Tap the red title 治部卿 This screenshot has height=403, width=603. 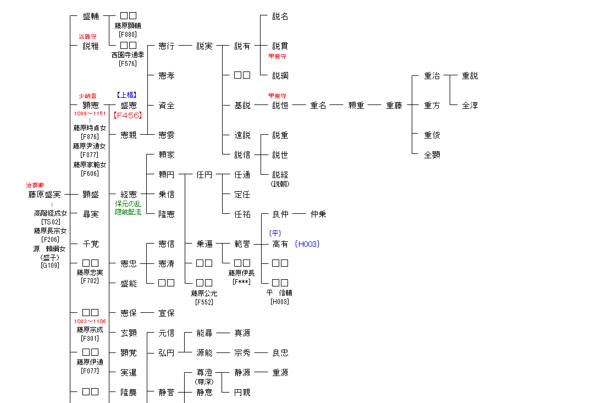pyautogui.click(x=35, y=185)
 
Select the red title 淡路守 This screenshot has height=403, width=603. pyautogui.click(x=87, y=37)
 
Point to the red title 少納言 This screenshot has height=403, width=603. pyautogui.click(x=87, y=96)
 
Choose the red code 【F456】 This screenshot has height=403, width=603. pyautogui.click(x=128, y=115)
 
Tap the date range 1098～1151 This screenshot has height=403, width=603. pyautogui.click(x=90, y=114)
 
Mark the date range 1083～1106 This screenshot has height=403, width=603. pyautogui.click(x=90, y=322)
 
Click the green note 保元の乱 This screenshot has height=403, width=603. pyautogui.click(x=128, y=204)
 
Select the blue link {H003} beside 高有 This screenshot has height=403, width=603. pyautogui.click(x=307, y=244)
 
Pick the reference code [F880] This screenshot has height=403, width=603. pyautogui.click(x=128, y=35)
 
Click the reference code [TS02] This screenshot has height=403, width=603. pyautogui.click(x=51, y=222)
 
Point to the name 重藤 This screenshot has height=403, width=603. pyautogui.click(x=394, y=106)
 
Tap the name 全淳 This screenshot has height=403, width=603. pyautogui.click(x=470, y=106)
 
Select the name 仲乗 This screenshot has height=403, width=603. pyautogui.click(x=318, y=214)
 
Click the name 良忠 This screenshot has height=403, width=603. pyautogui.click(x=280, y=353)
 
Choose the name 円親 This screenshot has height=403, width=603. pyautogui.click(x=242, y=393)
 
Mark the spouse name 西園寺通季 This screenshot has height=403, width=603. pyautogui.click(x=128, y=55)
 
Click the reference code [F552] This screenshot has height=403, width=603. pyautogui.click(x=204, y=302)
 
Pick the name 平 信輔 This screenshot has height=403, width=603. pyautogui.click(x=280, y=293)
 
